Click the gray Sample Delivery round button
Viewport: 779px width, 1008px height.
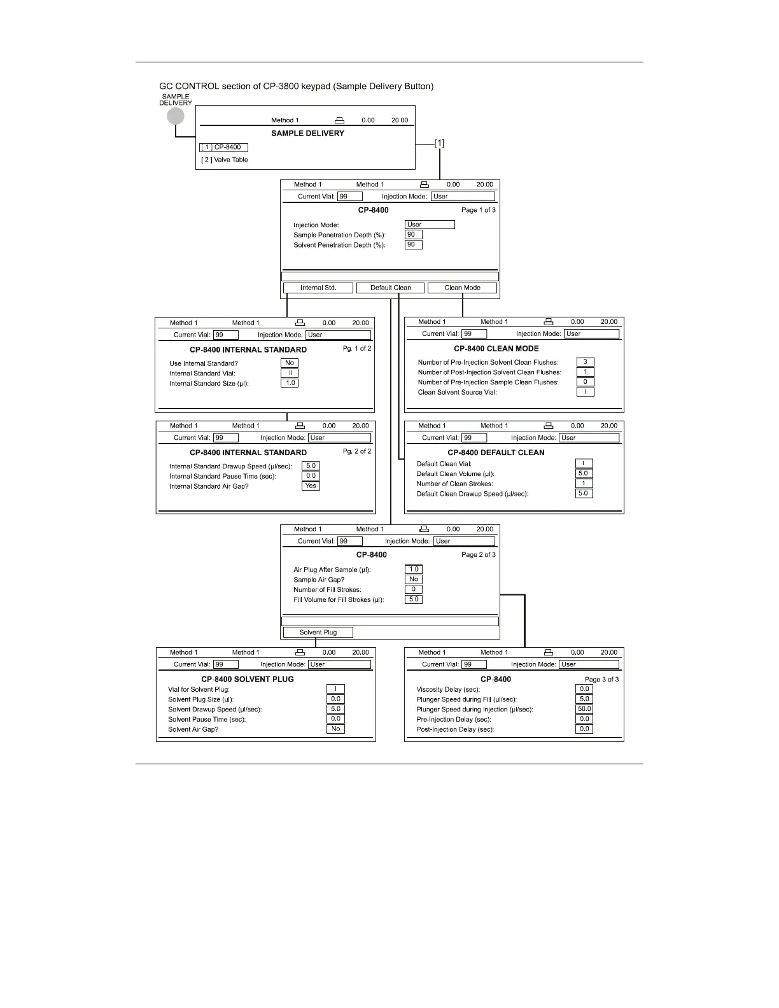[176, 116]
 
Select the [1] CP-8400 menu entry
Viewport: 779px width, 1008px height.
[223, 147]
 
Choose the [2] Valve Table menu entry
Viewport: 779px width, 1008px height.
[225, 160]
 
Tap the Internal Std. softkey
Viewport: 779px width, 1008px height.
[318, 288]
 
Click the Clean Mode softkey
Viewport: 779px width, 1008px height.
[462, 288]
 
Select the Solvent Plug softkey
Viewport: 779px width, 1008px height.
[318, 632]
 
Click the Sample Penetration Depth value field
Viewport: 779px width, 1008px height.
[413, 235]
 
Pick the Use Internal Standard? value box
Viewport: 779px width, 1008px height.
[290, 363]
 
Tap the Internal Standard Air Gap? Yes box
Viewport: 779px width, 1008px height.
[311, 486]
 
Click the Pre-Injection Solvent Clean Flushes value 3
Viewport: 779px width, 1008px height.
[585, 362]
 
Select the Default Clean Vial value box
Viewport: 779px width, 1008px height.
[583, 463]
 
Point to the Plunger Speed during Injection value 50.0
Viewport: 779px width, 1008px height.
[584, 709]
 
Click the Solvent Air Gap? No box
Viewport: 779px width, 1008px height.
[335, 729]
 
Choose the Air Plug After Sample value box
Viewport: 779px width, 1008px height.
[414, 570]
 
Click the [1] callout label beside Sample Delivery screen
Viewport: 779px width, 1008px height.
[439, 143]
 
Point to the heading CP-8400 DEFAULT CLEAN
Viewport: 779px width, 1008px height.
[496, 452]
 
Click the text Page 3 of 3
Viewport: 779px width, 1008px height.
[601, 680]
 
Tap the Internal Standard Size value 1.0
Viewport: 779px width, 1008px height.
[290, 383]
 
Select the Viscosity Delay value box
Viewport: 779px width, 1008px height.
[584, 689]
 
